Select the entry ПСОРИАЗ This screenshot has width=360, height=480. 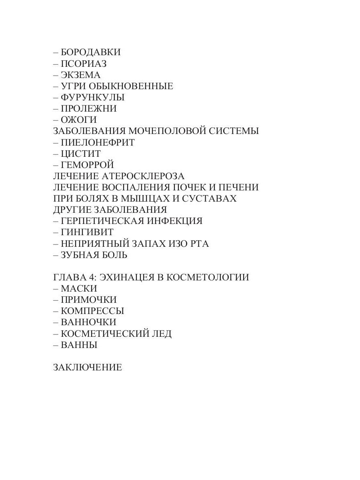point(84,64)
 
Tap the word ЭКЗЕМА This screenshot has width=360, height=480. point(80,75)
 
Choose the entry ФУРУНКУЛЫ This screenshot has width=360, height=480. point(92,97)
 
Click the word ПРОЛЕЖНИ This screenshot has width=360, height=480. point(89,108)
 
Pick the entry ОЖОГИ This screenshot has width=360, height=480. point(79,120)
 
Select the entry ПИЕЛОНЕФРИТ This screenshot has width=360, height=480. point(98,142)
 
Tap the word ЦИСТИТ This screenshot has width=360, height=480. point(81,154)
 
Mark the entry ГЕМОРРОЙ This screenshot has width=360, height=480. point(88,165)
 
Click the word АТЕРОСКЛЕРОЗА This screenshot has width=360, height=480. point(142,176)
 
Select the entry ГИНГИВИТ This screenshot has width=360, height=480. point(87,232)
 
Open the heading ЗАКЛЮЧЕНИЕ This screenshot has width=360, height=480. point(88,368)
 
